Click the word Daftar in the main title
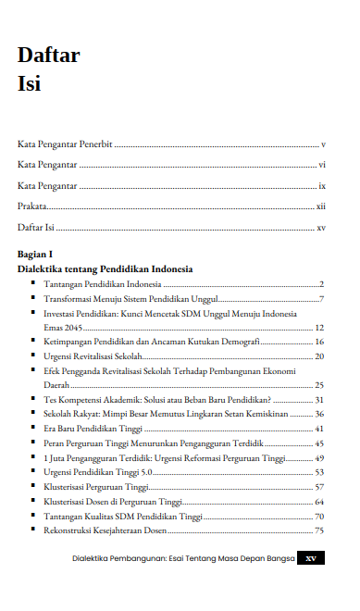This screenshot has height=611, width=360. [48, 56]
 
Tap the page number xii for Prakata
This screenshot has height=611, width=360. [320, 206]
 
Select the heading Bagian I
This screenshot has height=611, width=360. [35, 253]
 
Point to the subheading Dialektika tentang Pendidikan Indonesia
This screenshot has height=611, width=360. [105, 268]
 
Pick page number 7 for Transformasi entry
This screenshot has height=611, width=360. [321, 299]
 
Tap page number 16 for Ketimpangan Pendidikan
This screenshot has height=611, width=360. [319, 343]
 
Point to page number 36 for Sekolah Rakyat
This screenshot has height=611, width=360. [319, 415]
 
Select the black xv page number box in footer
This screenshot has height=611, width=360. [311, 558]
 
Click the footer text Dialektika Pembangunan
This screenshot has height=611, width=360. [120, 558]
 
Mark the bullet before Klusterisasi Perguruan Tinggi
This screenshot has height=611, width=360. [33, 486]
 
